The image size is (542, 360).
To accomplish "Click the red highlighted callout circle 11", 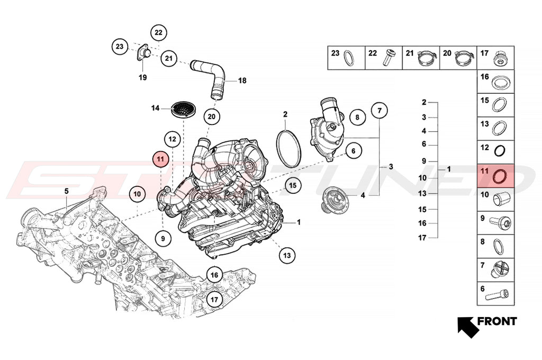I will point(160,158).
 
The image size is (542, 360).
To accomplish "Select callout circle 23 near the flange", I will point(120,47).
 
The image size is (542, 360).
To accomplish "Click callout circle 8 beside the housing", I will point(357,117).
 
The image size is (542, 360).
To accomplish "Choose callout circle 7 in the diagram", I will point(379,111).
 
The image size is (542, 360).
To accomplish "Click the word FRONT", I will point(496,321).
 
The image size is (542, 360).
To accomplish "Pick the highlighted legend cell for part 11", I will point(497,175).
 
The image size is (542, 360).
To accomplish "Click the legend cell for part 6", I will point(497,292).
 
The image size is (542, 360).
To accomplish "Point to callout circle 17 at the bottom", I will point(214,300).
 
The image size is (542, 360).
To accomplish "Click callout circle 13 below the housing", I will point(287,255).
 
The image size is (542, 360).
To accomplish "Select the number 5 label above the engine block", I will point(67,190).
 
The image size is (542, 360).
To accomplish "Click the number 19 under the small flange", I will point(142,77).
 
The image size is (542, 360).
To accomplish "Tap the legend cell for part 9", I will point(497,222).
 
